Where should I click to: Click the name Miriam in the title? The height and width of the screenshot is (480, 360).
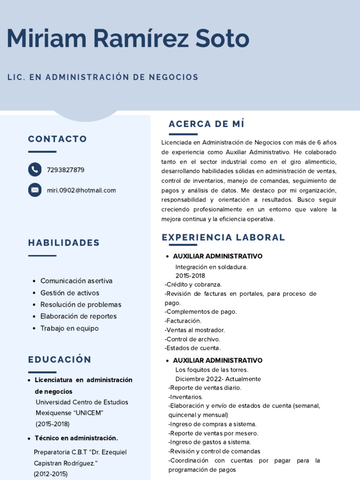49,39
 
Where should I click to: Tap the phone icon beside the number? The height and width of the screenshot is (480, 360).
35,169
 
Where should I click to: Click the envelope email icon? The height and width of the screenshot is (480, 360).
35,190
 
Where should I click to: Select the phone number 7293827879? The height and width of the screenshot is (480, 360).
66,170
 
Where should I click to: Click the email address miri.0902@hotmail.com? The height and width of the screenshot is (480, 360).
81,190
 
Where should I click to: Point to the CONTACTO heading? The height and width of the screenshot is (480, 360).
57,139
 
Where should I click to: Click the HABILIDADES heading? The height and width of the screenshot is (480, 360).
64,243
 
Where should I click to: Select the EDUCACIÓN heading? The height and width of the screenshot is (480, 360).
60,360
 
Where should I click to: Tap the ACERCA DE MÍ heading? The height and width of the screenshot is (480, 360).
206,124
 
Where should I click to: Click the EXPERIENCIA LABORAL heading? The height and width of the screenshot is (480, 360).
223,238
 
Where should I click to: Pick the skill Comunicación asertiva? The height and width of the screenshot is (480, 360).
76,281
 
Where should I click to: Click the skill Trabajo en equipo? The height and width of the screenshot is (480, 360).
69,328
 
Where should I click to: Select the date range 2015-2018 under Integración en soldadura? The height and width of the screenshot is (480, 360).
190,276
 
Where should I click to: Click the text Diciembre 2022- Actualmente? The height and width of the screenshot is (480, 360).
218,379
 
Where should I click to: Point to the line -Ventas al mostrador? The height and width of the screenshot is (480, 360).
195,330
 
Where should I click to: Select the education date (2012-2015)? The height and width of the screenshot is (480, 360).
51,473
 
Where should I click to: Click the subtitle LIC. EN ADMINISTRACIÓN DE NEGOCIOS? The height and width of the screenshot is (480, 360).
103,77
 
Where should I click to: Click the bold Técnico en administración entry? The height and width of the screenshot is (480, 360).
76,438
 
